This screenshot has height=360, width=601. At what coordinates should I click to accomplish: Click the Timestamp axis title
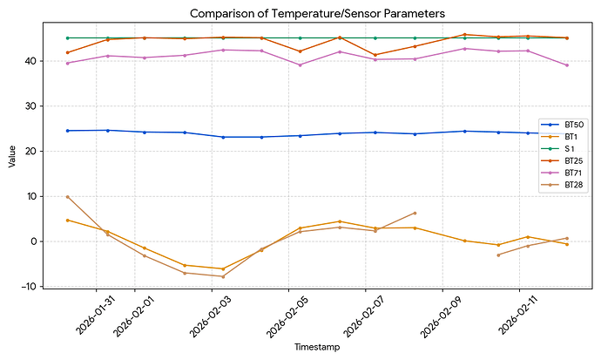point(317,347)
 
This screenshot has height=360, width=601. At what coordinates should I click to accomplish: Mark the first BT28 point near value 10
point(68,197)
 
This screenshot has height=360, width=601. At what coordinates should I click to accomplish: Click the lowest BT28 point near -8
point(223,276)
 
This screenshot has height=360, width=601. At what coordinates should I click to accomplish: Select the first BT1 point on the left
point(68,221)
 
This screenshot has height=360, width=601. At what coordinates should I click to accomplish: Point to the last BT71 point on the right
point(567,65)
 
